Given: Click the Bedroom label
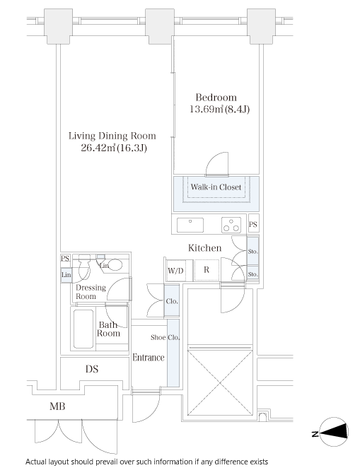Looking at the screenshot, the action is coord(216,98).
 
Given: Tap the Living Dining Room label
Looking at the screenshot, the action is coord(112,136).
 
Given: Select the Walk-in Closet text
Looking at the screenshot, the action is coord(216,187).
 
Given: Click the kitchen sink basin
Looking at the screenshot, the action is coord(190,225).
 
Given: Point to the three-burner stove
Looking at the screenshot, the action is coord(231,225).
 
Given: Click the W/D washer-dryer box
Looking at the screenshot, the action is coord(176,270).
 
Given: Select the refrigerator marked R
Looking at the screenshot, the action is coord(207,270).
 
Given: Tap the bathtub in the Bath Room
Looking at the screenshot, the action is coord(83,329).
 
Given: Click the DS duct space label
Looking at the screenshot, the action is coord(92,369).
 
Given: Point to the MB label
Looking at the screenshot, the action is coord(57,406).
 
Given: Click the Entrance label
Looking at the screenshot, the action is coord(149,358).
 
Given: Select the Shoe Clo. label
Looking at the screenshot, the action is coord(166,337).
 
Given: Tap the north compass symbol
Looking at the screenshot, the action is coord(334,432).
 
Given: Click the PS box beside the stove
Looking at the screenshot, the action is coord(253,224).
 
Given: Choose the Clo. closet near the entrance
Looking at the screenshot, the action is coord(172,301).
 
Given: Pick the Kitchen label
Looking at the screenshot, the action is coord(205,248).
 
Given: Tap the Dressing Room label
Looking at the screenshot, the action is coord(91,292).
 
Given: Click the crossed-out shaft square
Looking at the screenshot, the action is coord(220,383).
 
